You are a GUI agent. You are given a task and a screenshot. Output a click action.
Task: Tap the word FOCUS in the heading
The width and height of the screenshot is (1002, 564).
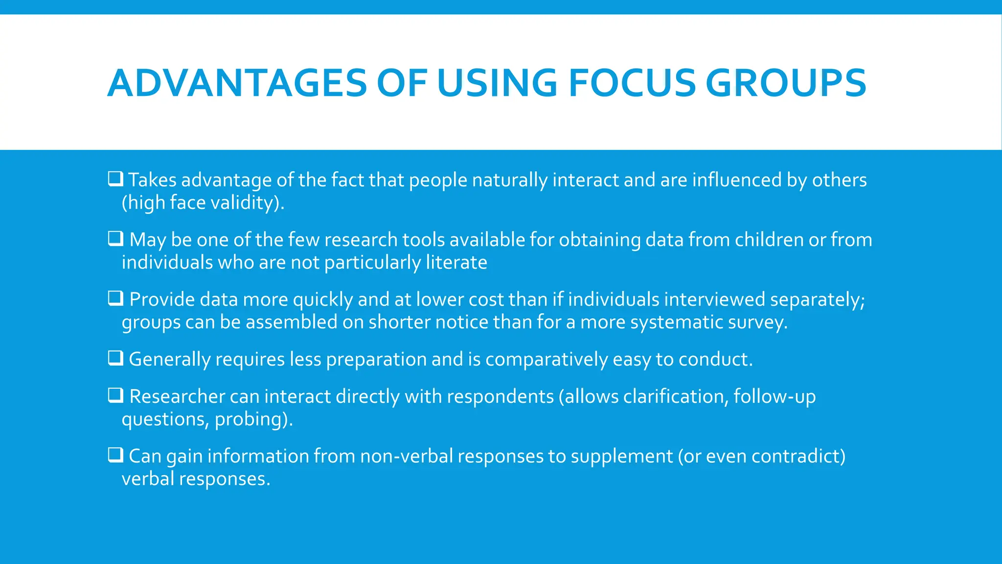(631, 83)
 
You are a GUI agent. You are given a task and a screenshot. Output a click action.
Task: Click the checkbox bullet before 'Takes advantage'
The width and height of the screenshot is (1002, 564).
(115, 179)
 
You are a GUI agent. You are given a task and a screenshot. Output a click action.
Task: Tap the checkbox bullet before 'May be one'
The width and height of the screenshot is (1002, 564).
(115, 238)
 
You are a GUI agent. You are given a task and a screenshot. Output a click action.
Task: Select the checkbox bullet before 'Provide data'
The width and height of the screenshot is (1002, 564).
(115, 298)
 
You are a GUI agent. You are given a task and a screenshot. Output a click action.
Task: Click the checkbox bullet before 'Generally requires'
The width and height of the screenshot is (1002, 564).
(115, 358)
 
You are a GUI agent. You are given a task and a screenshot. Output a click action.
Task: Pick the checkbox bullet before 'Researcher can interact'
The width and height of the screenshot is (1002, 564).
(115, 395)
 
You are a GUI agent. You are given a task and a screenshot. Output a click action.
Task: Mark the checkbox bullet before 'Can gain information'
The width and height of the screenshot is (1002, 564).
(115, 455)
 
